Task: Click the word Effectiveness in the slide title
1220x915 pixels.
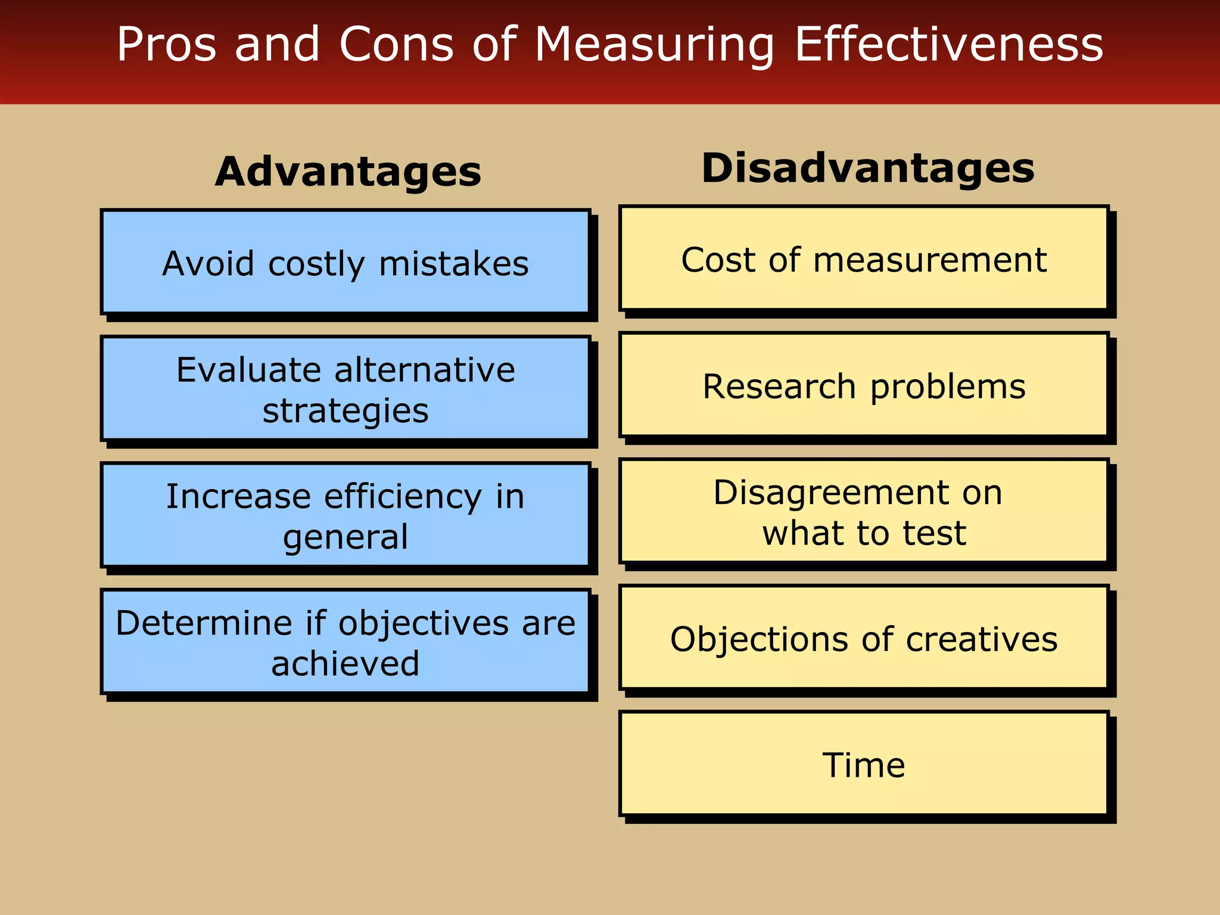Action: tap(948, 44)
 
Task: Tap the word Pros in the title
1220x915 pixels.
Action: tap(166, 44)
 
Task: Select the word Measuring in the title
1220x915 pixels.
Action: tap(654, 45)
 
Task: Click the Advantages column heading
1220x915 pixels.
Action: tap(348, 172)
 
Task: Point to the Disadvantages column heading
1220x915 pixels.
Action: tap(867, 168)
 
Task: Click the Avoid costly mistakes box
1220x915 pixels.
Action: tap(346, 262)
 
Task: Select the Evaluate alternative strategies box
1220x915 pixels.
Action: tap(346, 389)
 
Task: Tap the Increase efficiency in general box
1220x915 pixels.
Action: tap(346, 515)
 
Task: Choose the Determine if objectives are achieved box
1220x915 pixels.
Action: tap(346, 642)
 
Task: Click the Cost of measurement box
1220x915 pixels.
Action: tap(864, 259)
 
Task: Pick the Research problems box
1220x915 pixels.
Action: tap(864, 385)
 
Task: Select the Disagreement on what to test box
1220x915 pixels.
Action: tap(864, 512)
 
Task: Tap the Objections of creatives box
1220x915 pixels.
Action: tap(864, 638)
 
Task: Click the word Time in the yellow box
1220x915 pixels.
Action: tap(864, 765)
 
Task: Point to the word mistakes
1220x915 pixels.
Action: tap(454, 263)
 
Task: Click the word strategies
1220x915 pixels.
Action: tap(346, 411)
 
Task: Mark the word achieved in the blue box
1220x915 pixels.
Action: tap(346, 664)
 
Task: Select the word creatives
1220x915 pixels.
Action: tap(982, 639)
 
